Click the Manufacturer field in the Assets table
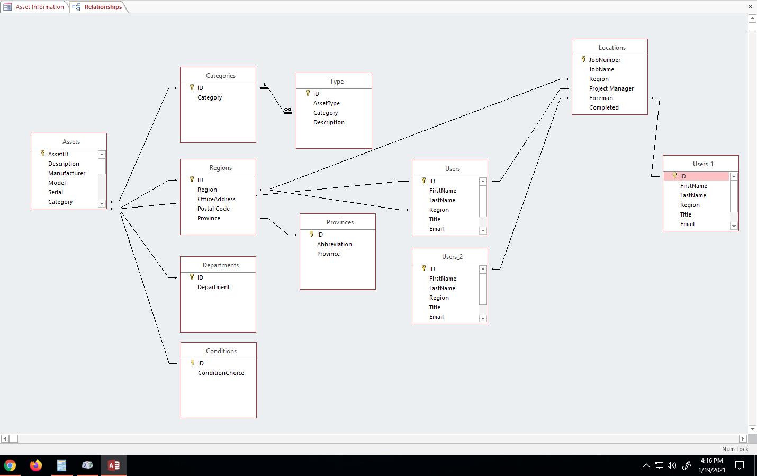coord(67,173)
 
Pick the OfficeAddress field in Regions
coord(217,199)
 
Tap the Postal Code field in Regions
coord(213,209)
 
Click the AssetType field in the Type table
coord(327,103)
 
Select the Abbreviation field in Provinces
coord(334,244)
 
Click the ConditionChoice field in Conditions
coord(221,373)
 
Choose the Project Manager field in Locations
coord(611,88)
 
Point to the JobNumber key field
coord(605,60)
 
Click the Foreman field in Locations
coord(601,98)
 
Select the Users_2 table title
coord(452,257)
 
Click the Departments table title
coord(220,265)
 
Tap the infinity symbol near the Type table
coord(287,110)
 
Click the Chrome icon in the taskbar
coord(10,465)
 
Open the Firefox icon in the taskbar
coord(36,465)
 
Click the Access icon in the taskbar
coord(114,465)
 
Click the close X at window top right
coord(750,7)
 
